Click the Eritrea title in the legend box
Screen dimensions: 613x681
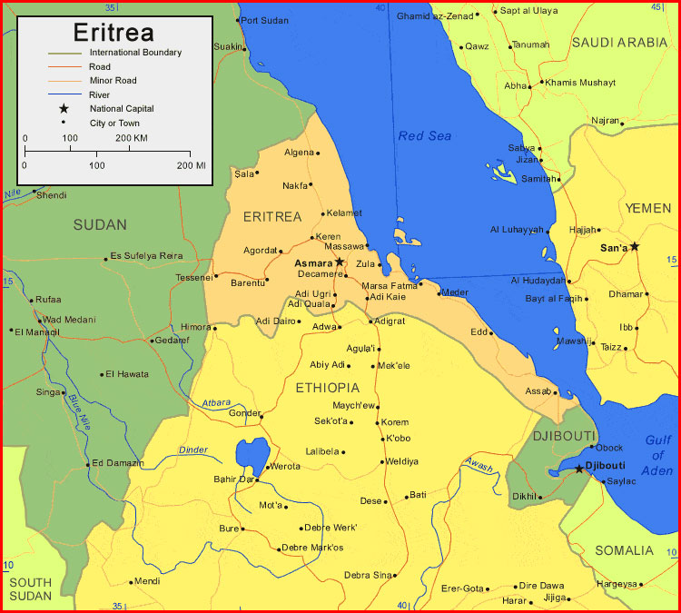click(113, 32)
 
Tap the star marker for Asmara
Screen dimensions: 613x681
click(340, 262)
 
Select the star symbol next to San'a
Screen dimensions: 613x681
click(635, 246)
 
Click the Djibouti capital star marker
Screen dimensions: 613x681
click(578, 469)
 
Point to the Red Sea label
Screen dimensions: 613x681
click(425, 136)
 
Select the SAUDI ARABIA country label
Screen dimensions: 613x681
click(619, 42)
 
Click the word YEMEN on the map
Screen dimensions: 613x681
click(648, 209)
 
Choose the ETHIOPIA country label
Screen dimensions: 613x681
click(328, 388)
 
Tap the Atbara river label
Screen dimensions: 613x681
click(216, 402)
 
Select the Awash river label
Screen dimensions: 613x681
click(479, 465)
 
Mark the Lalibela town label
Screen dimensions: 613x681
click(321, 451)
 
